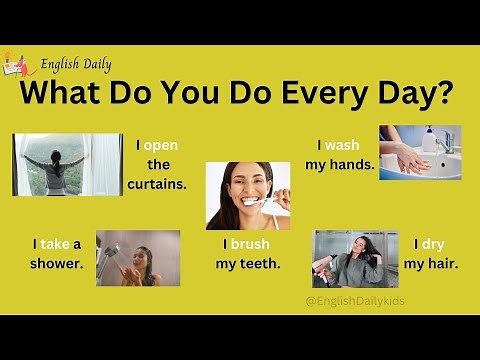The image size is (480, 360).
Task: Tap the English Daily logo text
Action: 76,66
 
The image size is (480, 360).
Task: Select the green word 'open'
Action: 160,145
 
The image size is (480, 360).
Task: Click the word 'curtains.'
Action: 157,184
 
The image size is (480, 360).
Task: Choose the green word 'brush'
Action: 250,244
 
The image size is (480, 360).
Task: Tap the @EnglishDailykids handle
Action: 356,300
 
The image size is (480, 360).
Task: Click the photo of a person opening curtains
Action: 67,165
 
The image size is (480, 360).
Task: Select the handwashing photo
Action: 420,152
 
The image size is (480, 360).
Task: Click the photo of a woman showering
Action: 138,258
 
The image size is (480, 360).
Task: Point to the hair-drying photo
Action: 355,258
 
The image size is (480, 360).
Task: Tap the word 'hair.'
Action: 443,264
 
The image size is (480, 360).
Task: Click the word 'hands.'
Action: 352,164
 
